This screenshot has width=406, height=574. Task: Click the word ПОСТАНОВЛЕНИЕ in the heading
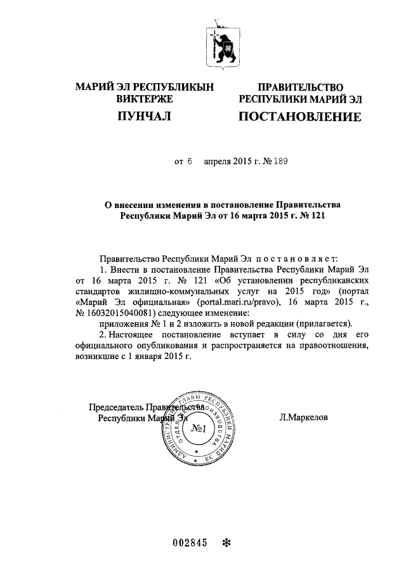point(299,117)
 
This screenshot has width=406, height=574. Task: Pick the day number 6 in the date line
point(189,162)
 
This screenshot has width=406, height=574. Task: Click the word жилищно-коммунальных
point(190,291)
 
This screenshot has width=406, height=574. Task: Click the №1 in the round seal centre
point(202,429)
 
